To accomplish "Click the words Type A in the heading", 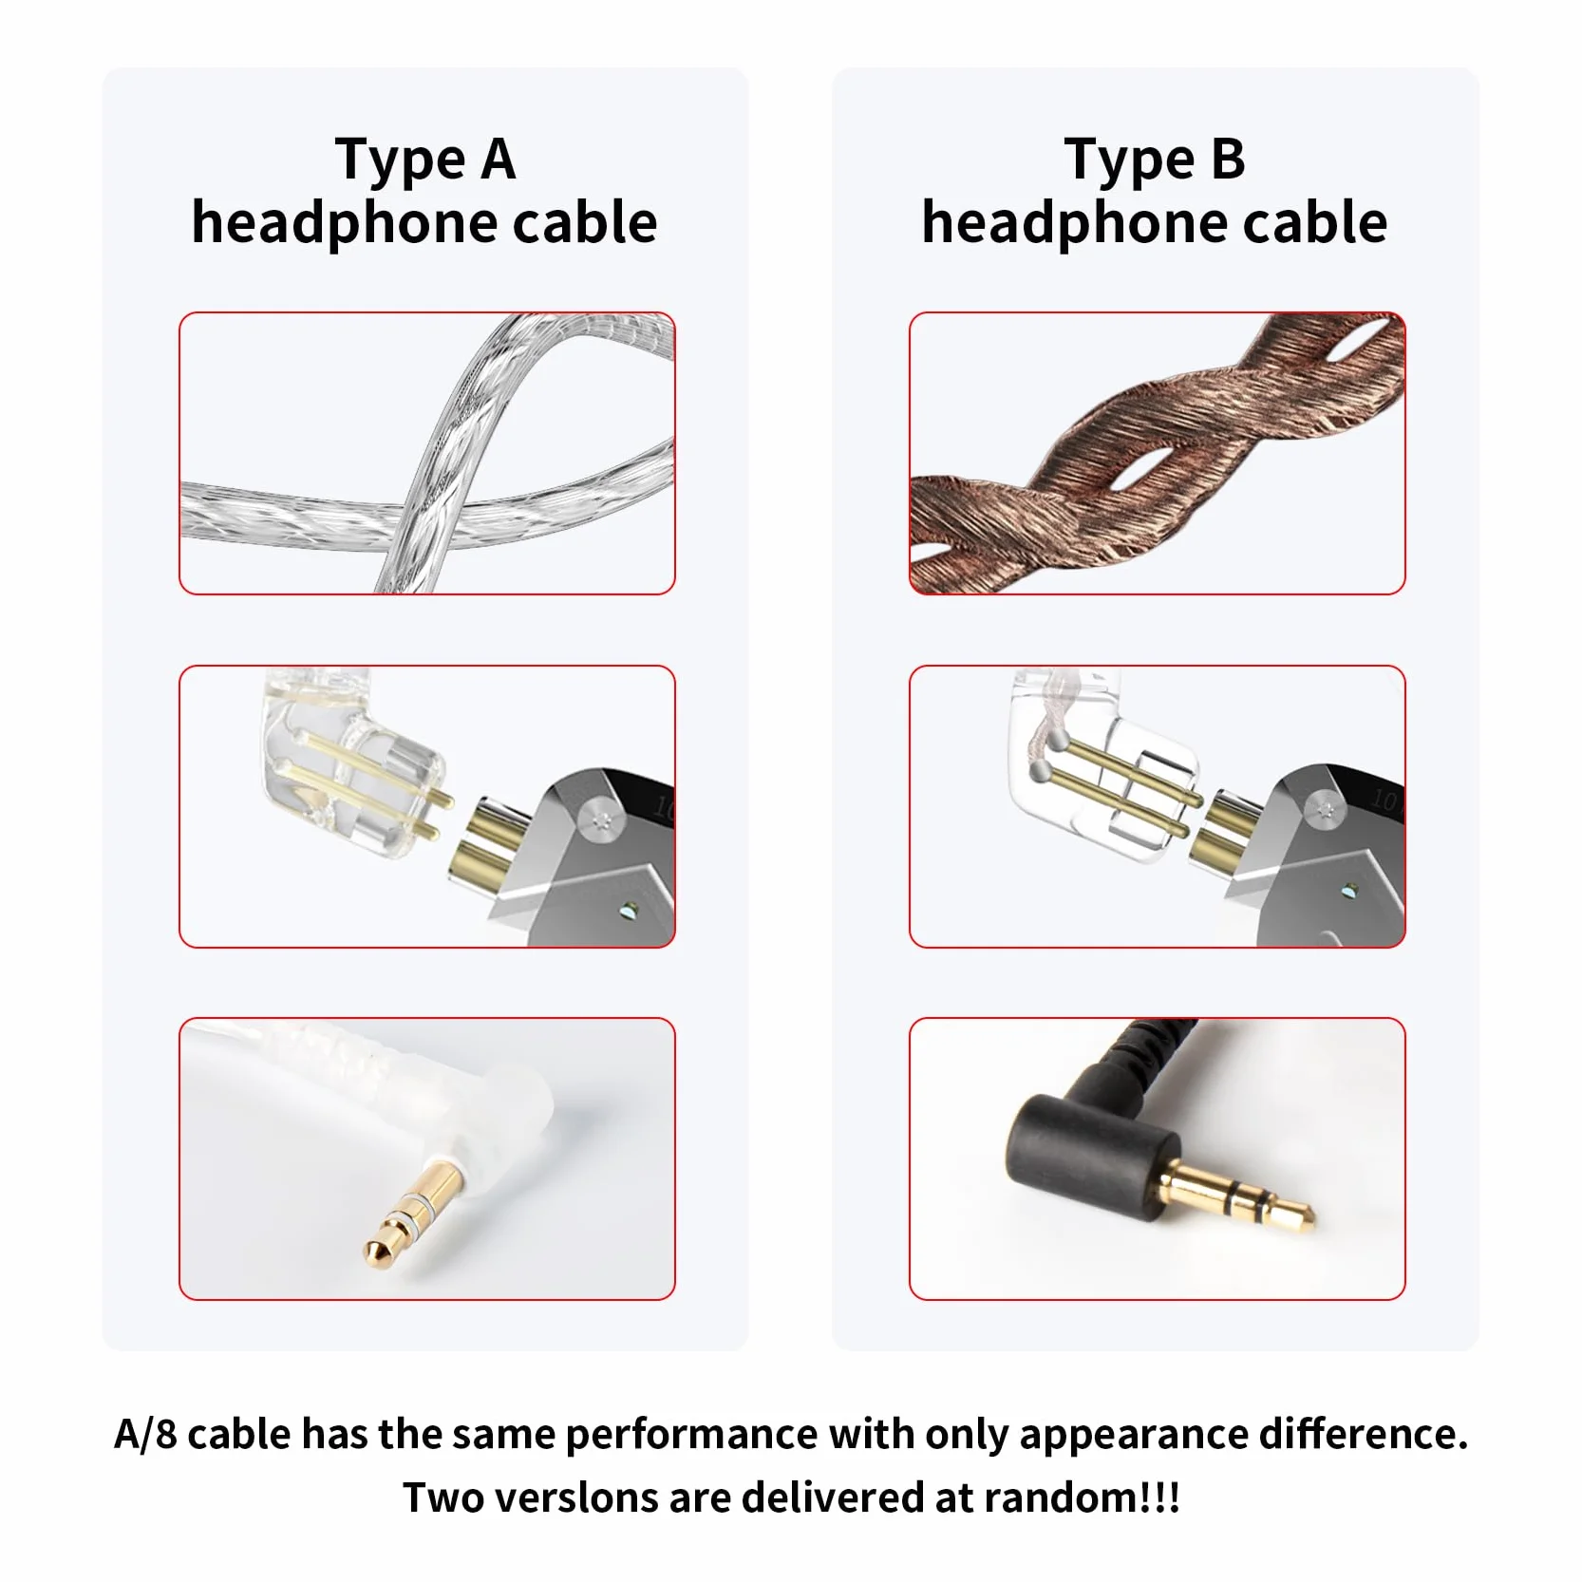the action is pos(425,160).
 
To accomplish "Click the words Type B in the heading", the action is pos(1155,160).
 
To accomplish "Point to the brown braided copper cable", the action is pos(1157,454).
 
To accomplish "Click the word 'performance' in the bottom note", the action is pos(690,1434).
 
